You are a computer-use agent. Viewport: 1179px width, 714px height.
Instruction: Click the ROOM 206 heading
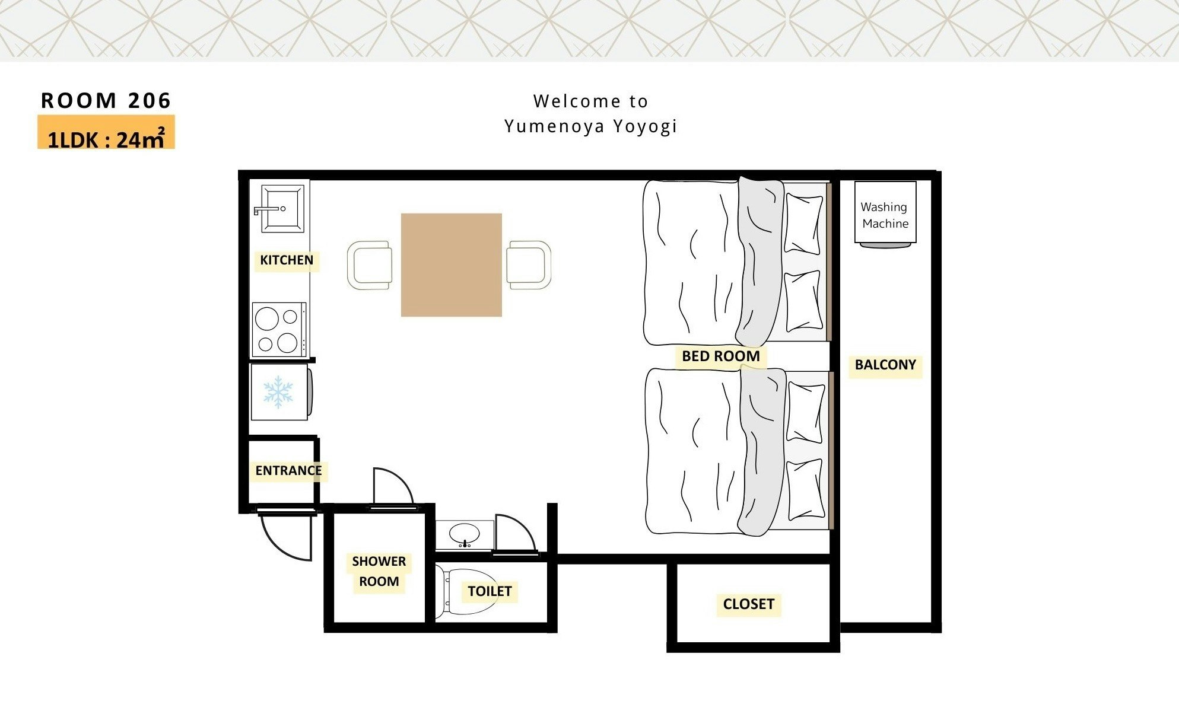106,101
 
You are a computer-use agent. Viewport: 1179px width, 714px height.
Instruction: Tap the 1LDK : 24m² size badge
106,133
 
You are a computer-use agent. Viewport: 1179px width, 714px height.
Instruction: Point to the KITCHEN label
287,260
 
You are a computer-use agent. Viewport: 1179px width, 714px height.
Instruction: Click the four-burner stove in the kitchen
279,329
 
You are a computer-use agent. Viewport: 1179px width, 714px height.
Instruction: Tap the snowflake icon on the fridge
278,392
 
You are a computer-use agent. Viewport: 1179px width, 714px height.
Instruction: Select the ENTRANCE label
289,470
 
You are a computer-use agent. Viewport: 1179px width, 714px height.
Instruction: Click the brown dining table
452,264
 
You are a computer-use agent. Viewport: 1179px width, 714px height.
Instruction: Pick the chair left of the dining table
369,265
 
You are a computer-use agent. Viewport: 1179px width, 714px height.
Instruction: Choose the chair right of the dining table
529,264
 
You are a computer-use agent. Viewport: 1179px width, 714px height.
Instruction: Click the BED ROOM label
721,356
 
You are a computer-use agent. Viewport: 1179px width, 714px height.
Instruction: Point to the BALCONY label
885,365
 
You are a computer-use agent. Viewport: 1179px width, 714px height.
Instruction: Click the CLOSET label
749,604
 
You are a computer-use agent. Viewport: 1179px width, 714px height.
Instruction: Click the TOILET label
490,591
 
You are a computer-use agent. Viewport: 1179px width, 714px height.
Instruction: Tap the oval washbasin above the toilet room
465,534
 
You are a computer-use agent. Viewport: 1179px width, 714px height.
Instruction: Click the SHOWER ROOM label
379,571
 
